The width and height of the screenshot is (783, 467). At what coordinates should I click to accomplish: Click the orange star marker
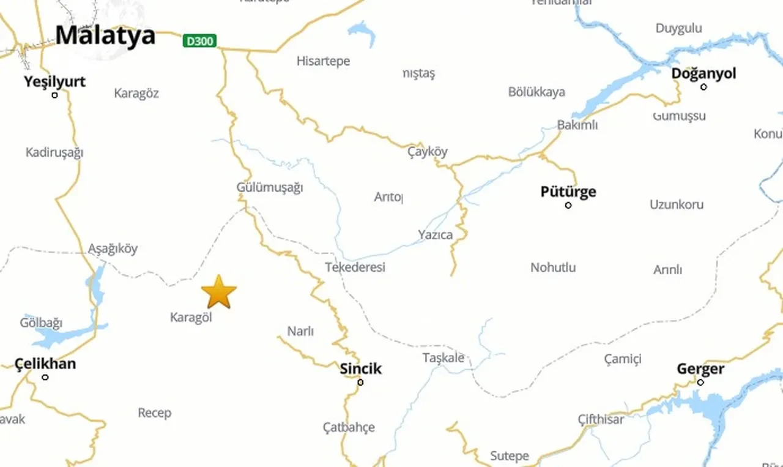pos(218,292)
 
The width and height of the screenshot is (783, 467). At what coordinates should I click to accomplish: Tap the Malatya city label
pos(105,35)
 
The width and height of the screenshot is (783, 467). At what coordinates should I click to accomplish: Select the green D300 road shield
pos(199,41)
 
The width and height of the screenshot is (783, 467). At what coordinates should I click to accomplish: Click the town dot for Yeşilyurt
pos(54,95)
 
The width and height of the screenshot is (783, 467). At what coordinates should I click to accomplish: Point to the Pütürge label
pos(568,192)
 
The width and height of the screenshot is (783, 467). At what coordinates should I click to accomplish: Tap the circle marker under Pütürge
pos(568,205)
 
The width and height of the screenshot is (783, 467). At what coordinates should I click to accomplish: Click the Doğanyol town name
pos(703,73)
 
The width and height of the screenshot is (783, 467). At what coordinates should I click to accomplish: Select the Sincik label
pos(360,368)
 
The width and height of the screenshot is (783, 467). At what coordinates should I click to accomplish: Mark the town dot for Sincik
pos(360,382)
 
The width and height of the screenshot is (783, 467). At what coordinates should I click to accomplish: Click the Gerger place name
pos(700,369)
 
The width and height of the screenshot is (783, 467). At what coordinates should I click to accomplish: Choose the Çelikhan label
pos(45,364)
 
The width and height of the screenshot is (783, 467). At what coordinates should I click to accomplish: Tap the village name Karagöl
pos(191,318)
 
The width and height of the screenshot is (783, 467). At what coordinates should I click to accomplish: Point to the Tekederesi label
pos(355,267)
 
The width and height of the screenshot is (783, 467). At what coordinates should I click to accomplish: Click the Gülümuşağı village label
pos(270,187)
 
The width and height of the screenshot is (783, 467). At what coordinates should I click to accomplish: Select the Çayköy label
pos(428,152)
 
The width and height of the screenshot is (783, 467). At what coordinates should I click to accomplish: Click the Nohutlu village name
pos(553,267)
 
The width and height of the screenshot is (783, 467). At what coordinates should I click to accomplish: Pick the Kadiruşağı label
pos(54,152)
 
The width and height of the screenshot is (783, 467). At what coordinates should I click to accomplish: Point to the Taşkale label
pos(443,358)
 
